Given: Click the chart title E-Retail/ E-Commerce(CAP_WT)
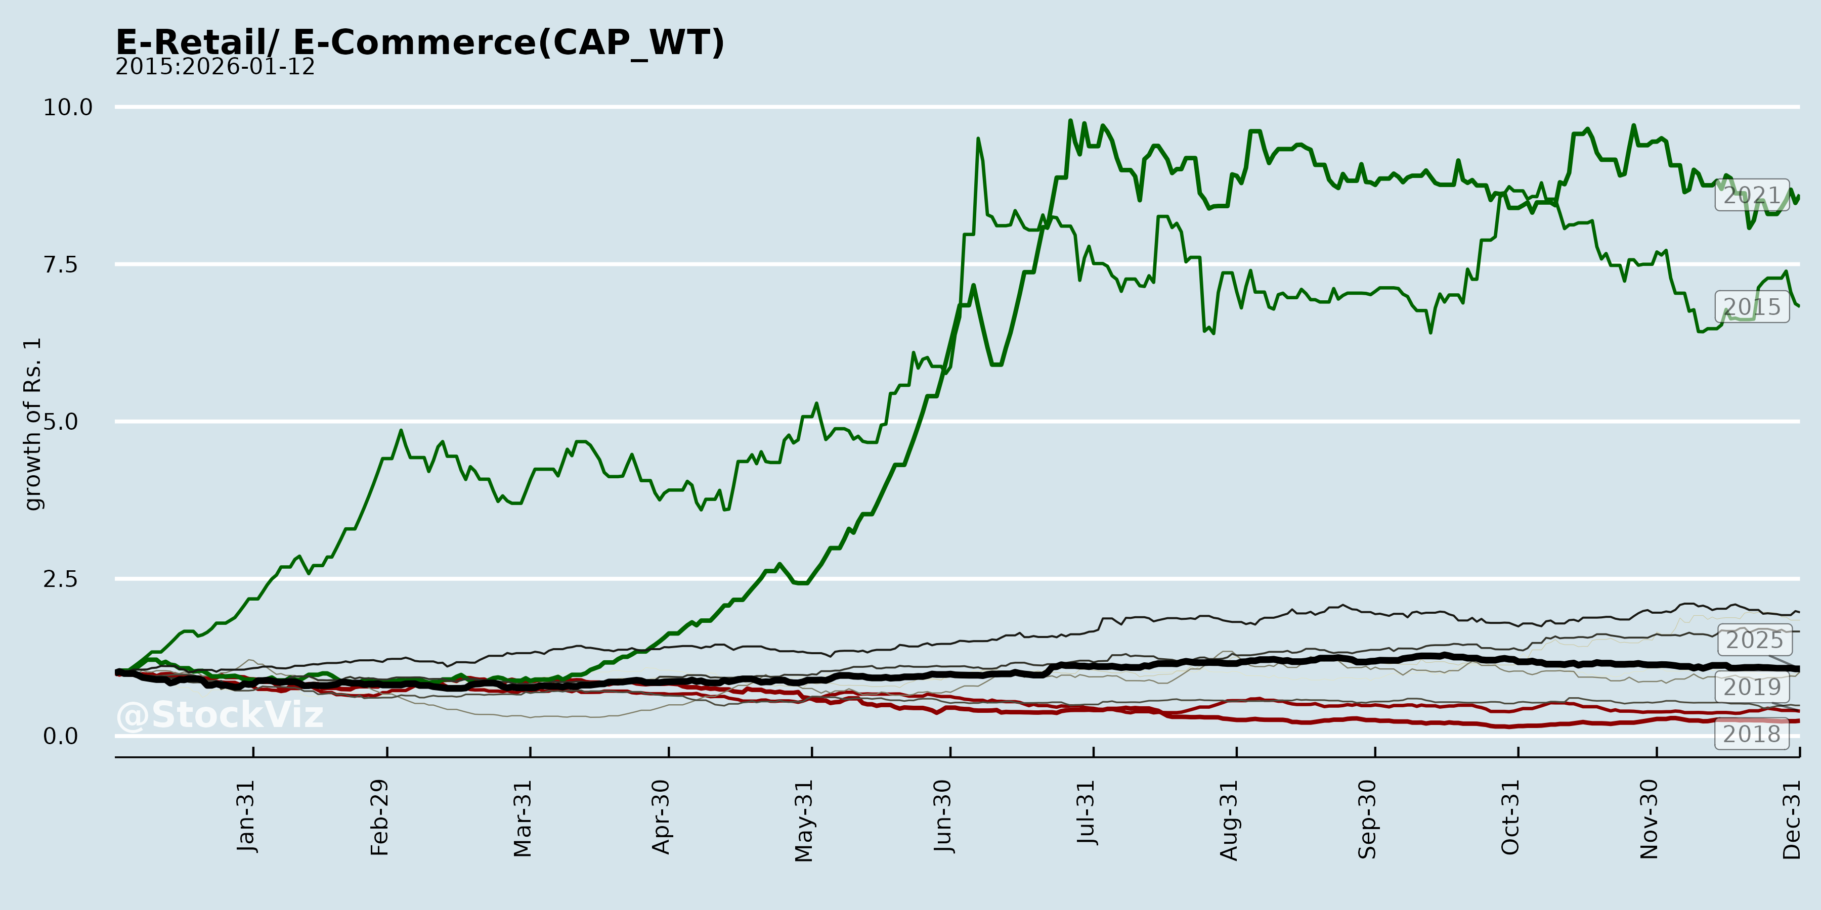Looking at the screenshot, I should click(420, 42).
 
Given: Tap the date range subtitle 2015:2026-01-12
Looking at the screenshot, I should click(215, 67).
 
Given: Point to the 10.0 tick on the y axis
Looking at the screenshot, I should click(68, 107).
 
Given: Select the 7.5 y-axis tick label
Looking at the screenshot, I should click(61, 265).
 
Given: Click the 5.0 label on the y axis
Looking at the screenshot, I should click(61, 422).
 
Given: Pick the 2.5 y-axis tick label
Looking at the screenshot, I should click(61, 579).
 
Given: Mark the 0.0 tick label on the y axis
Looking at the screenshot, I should click(61, 736).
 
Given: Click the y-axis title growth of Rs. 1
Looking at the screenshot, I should click(32, 424).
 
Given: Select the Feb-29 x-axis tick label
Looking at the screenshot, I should click(379, 817).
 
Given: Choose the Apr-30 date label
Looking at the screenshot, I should click(661, 817).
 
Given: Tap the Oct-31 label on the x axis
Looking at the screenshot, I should click(1510, 817).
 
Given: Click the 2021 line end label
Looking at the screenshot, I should click(1752, 195).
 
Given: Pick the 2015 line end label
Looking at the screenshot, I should click(1752, 307).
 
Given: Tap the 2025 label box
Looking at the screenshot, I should click(1755, 640).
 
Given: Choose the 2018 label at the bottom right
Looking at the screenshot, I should click(1752, 734).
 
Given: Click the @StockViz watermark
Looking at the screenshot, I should click(219, 715).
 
